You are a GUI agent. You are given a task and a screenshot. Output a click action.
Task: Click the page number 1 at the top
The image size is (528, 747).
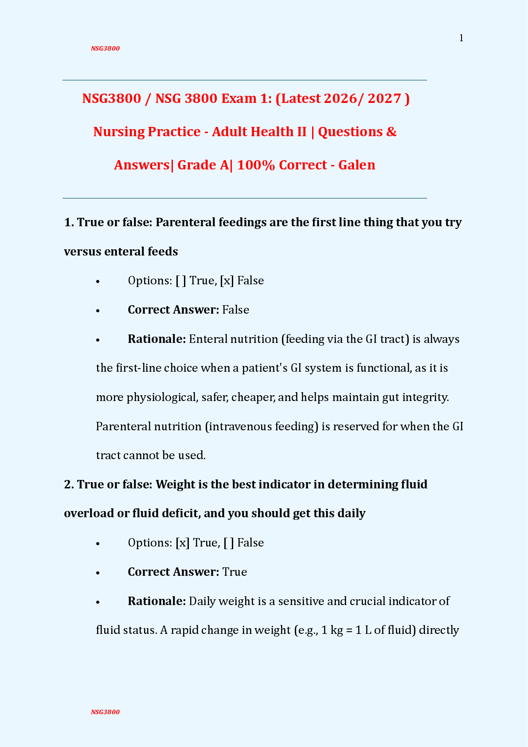point(461,38)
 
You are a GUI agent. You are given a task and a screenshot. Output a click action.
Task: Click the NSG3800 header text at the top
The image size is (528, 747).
point(105,48)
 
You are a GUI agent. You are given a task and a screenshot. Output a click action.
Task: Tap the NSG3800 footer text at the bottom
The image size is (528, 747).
point(105,712)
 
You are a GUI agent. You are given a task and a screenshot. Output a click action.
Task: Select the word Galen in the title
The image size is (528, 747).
point(356,165)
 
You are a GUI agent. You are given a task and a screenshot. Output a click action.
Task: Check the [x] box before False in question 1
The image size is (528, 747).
point(227,281)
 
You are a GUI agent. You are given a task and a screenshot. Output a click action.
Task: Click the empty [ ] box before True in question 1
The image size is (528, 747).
point(181,281)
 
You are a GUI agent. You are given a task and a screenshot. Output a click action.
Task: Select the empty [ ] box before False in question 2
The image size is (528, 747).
point(229,543)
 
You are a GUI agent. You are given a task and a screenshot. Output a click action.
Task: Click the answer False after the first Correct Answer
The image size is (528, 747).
point(235,310)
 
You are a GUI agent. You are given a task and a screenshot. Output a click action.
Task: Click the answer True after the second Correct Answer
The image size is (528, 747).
point(235,572)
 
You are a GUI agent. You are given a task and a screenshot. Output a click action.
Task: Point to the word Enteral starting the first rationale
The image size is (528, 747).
point(207,339)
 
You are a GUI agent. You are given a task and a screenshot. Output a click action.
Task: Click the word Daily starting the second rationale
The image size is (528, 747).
point(202,601)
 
